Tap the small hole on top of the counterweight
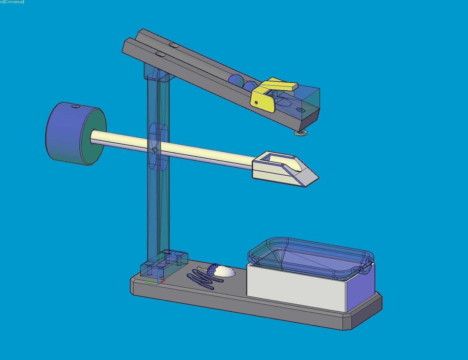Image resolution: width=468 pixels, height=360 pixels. point(76,106)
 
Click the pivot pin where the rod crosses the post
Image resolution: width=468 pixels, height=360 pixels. point(154,151)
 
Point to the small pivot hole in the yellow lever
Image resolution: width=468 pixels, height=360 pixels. point(256,103)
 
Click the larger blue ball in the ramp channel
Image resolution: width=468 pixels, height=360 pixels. point(236,80)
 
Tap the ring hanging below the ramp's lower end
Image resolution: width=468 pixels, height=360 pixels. point(301,133)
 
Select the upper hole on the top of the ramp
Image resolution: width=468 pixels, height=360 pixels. point(174,45)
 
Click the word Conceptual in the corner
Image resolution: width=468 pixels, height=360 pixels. point(14,2)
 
